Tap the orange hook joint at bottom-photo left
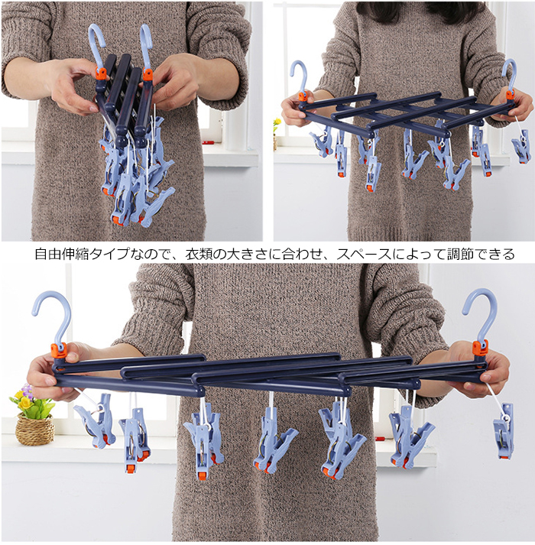(58, 350)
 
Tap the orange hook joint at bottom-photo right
(480, 349)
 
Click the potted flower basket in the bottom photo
(34, 417)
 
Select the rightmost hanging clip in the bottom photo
(503, 431)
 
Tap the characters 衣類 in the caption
(198, 254)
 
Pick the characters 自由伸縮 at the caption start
(62, 254)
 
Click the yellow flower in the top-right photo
(277, 122)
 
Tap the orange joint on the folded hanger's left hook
(101, 73)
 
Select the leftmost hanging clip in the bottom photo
(95, 420)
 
